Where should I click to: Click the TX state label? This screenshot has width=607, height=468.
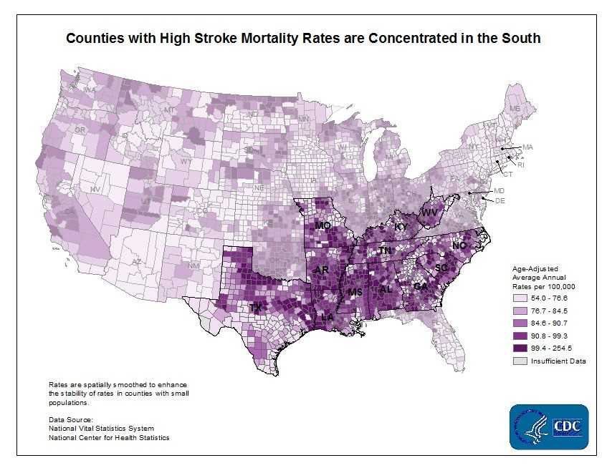[x=254, y=307]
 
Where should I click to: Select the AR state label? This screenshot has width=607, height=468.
[x=320, y=270]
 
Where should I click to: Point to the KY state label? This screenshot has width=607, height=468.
[x=402, y=227]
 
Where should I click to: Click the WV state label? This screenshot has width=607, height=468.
[x=429, y=213]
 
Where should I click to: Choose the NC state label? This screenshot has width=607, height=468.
[x=459, y=245]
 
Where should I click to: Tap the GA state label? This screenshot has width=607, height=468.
[x=421, y=286]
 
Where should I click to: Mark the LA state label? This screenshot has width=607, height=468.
[x=328, y=316]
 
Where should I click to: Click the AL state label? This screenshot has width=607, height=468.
[x=386, y=289]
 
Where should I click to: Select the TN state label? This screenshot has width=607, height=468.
[x=385, y=251]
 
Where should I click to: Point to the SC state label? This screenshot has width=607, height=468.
[x=442, y=267]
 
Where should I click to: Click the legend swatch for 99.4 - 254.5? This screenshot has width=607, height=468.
[x=520, y=347]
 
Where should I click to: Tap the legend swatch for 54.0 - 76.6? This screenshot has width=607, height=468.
[x=520, y=298]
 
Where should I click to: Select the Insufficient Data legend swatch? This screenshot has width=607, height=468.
[x=520, y=361]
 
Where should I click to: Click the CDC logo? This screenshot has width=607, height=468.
[x=549, y=426]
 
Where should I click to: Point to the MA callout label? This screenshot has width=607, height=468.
[x=527, y=147]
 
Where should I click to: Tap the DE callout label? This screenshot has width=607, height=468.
[x=500, y=201]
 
